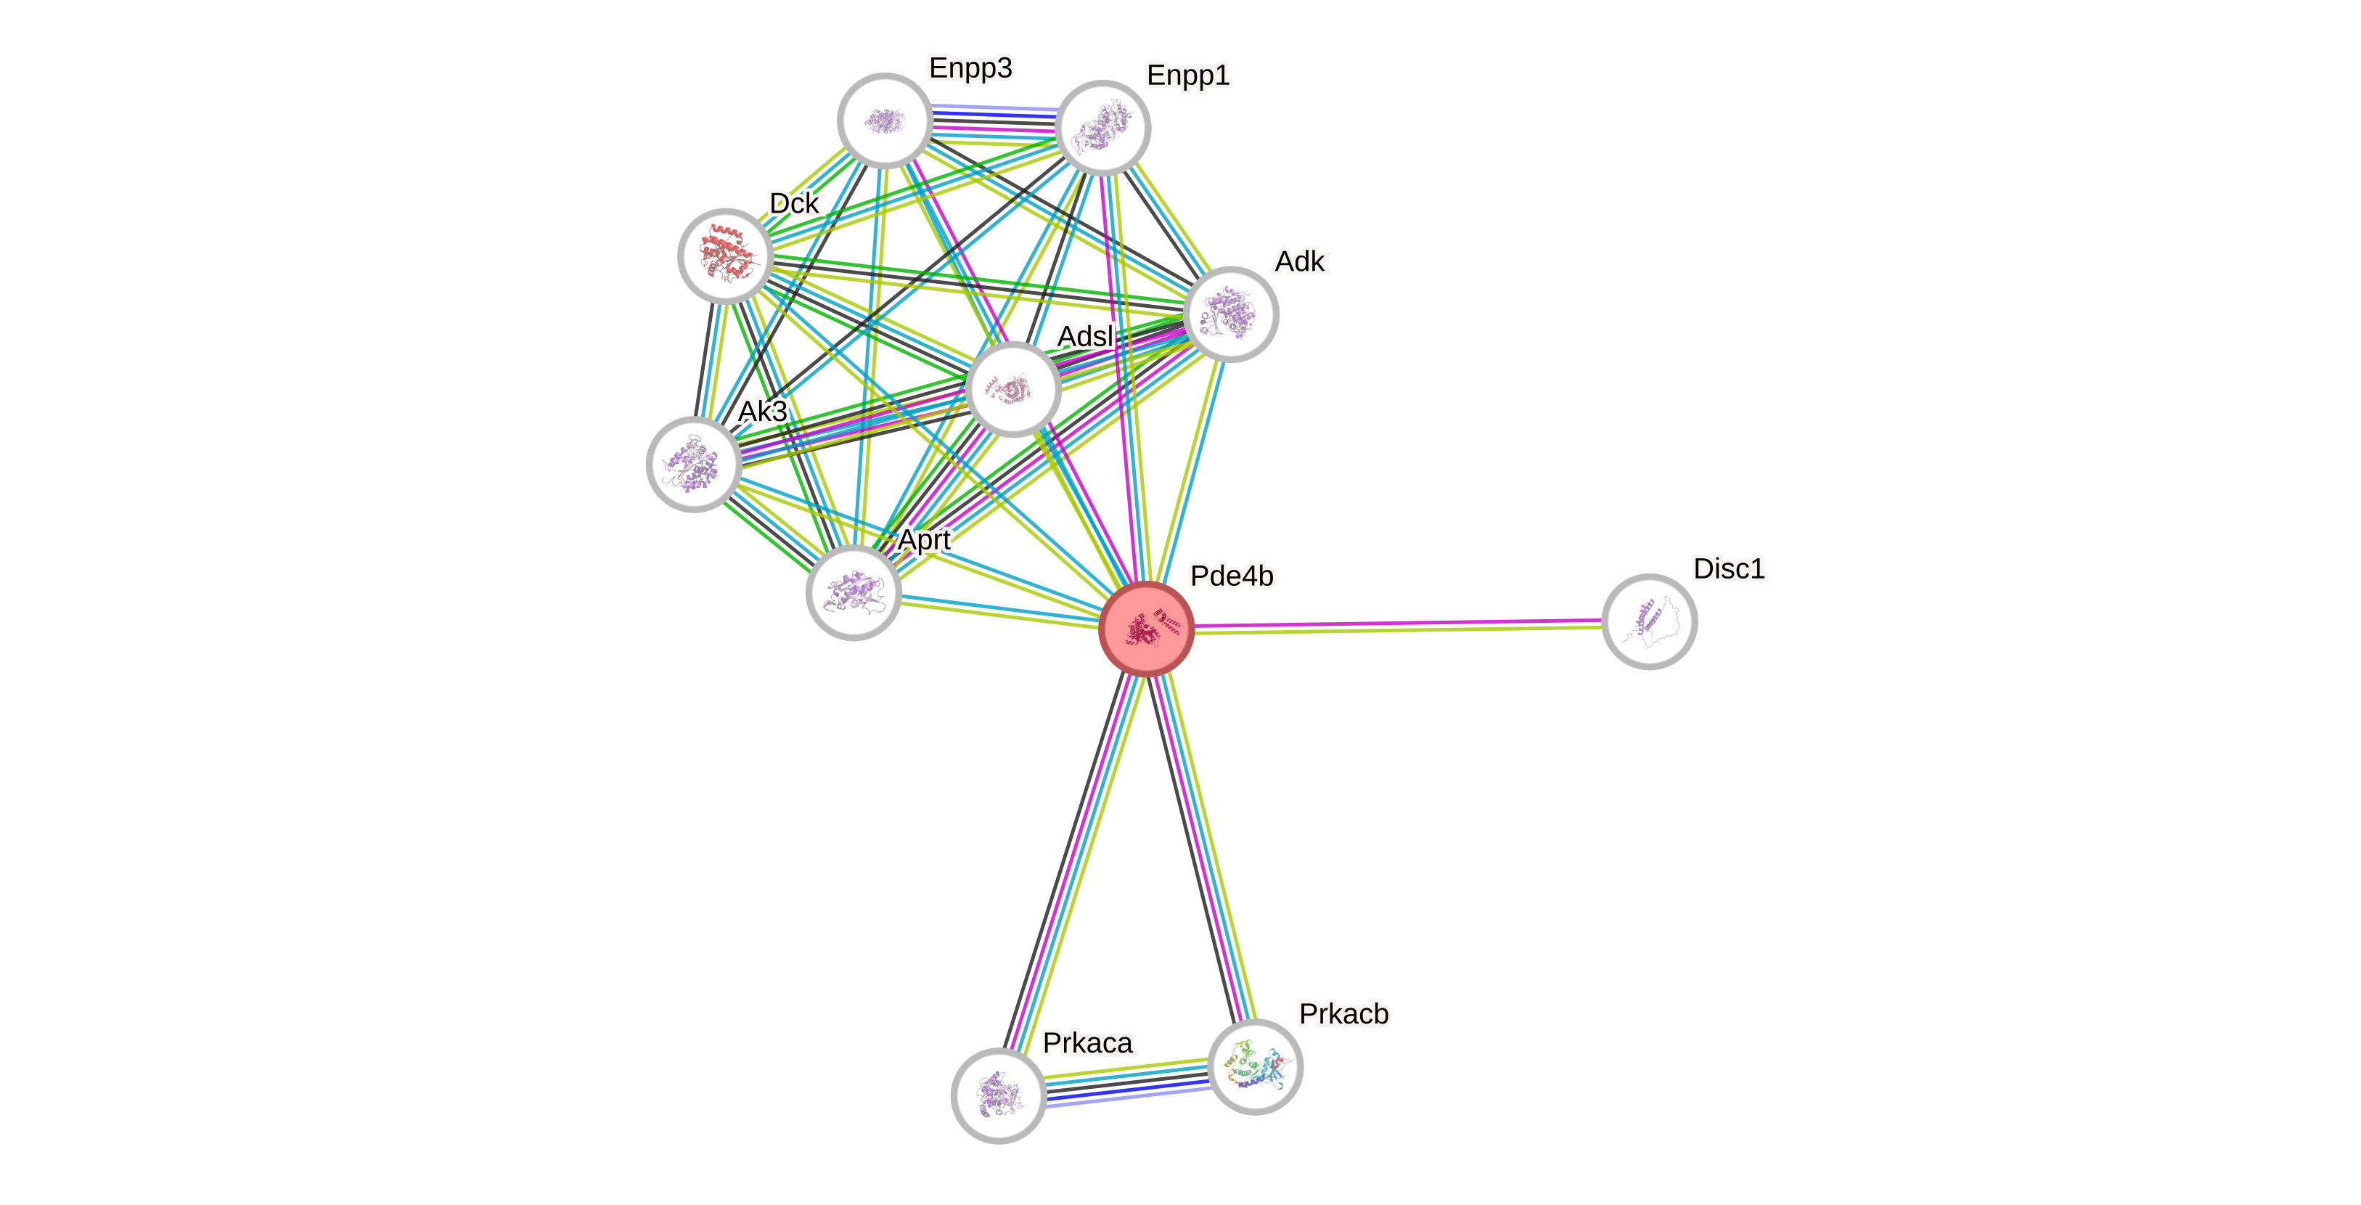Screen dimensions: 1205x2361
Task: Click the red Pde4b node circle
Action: (x=1146, y=629)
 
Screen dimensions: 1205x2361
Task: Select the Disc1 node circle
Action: (x=1649, y=621)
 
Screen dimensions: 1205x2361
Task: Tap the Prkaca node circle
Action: (x=998, y=1095)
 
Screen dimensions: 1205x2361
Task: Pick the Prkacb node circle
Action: (x=1255, y=1066)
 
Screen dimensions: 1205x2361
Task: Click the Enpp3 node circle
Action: (x=885, y=120)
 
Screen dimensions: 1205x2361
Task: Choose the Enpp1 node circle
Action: (x=1102, y=127)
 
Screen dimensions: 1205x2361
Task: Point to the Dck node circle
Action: (x=725, y=255)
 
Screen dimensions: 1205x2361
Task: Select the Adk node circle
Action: (x=1230, y=314)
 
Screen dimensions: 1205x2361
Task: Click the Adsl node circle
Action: (x=1012, y=390)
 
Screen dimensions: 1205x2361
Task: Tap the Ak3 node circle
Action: (x=694, y=464)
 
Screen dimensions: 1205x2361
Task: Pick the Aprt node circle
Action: (x=854, y=592)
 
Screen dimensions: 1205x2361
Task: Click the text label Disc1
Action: (x=1729, y=569)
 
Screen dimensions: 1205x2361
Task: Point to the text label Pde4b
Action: (x=1231, y=576)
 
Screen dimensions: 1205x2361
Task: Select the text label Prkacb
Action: (x=1343, y=1014)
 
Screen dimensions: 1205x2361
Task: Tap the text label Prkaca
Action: (x=1088, y=1043)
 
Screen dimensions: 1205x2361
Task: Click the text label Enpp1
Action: (x=1188, y=75)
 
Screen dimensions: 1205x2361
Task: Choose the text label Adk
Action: (x=1301, y=262)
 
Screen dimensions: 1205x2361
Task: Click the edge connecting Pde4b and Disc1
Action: (x=1398, y=625)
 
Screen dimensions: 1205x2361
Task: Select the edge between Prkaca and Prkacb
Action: (x=1126, y=1082)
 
